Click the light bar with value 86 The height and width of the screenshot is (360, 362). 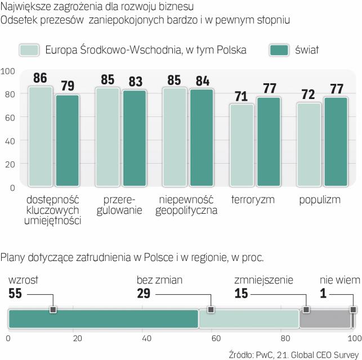pos(40,136)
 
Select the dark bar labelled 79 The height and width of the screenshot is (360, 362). pos(68,141)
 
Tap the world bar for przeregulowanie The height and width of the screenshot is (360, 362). pos(134,138)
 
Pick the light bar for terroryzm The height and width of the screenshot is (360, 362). pos(242,145)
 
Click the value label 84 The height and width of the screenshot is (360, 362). pos(202,80)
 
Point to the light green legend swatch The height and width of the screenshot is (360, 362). pos(29,50)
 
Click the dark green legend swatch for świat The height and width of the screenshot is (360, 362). pos(279,50)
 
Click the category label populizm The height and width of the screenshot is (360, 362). pos(320,200)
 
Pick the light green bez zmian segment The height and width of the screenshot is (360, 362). pos(248,318)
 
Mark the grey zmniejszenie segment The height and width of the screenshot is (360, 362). pos(324,318)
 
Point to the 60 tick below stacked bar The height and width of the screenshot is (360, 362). pos(216,339)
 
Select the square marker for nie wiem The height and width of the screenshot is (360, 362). pos(353,309)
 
